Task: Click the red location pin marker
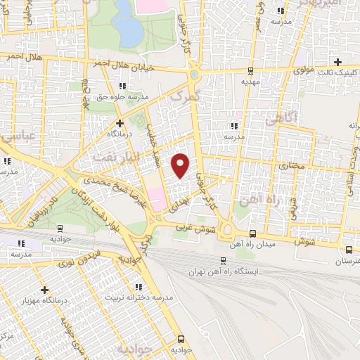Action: click(x=181, y=165)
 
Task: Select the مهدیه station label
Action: click(x=252, y=82)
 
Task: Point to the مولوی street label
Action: click(x=302, y=70)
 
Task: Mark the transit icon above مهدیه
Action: click(x=251, y=70)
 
